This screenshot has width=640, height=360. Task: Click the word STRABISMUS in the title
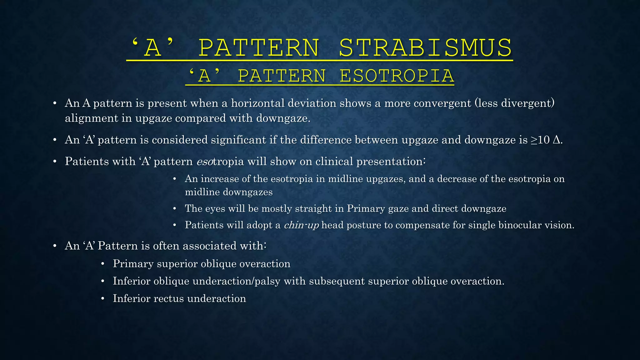(x=425, y=48)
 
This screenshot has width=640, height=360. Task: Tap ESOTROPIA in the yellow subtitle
(x=397, y=76)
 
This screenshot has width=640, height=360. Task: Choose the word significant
(x=238, y=140)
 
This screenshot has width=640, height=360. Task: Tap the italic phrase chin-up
(x=301, y=225)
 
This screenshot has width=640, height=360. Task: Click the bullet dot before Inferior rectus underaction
(x=102, y=299)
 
